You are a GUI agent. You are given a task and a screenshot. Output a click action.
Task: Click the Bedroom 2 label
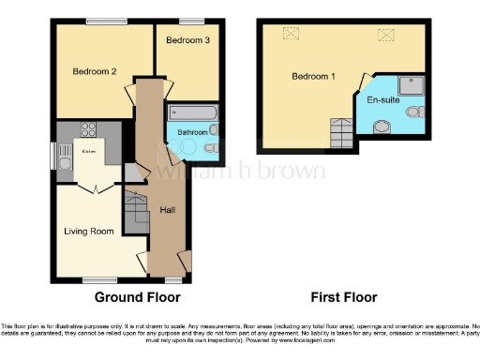pyautogui.click(x=94, y=70)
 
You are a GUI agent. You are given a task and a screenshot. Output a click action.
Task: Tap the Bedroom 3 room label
pyautogui.click(x=187, y=40)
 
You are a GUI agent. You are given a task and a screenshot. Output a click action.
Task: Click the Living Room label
pyautogui.click(x=89, y=231)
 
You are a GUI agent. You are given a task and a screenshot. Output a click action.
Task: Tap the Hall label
pyautogui.click(x=168, y=209)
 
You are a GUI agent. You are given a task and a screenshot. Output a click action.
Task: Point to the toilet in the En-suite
pyautogui.click(x=413, y=112)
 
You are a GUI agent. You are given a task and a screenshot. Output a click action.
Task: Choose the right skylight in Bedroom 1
pyautogui.click(x=385, y=35)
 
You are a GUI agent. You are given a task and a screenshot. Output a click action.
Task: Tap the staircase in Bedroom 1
pyautogui.click(x=341, y=133)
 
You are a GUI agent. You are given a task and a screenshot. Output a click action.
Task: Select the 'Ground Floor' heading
pyautogui.click(x=137, y=297)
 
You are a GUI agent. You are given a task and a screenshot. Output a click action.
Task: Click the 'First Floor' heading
pyautogui.click(x=344, y=297)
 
